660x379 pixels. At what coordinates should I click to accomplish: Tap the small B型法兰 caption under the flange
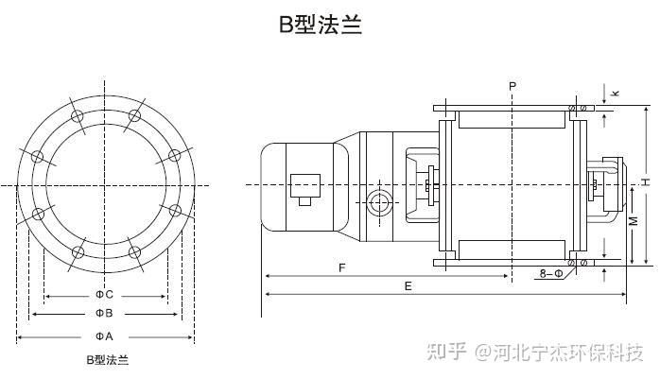(x=107, y=360)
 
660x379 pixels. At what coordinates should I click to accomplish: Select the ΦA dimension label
(x=104, y=336)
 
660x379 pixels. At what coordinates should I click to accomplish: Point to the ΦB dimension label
(x=104, y=313)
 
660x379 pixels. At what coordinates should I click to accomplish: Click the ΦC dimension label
(x=104, y=294)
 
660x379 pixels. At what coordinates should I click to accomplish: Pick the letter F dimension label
(x=340, y=268)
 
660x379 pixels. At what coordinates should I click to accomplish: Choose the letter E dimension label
(x=408, y=285)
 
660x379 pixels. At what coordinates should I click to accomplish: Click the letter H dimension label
(x=643, y=181)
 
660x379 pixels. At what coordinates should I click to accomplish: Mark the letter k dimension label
(x=616, y=93)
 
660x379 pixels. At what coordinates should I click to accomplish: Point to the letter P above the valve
(x=512, y=86)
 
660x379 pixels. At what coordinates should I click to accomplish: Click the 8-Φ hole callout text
(x=550, y=274)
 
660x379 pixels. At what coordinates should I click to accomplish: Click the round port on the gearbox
(x=380, y=202)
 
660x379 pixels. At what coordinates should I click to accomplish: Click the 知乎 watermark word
(x=446, y=353)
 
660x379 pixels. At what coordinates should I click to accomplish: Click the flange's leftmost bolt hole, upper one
(x=37, y=156)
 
